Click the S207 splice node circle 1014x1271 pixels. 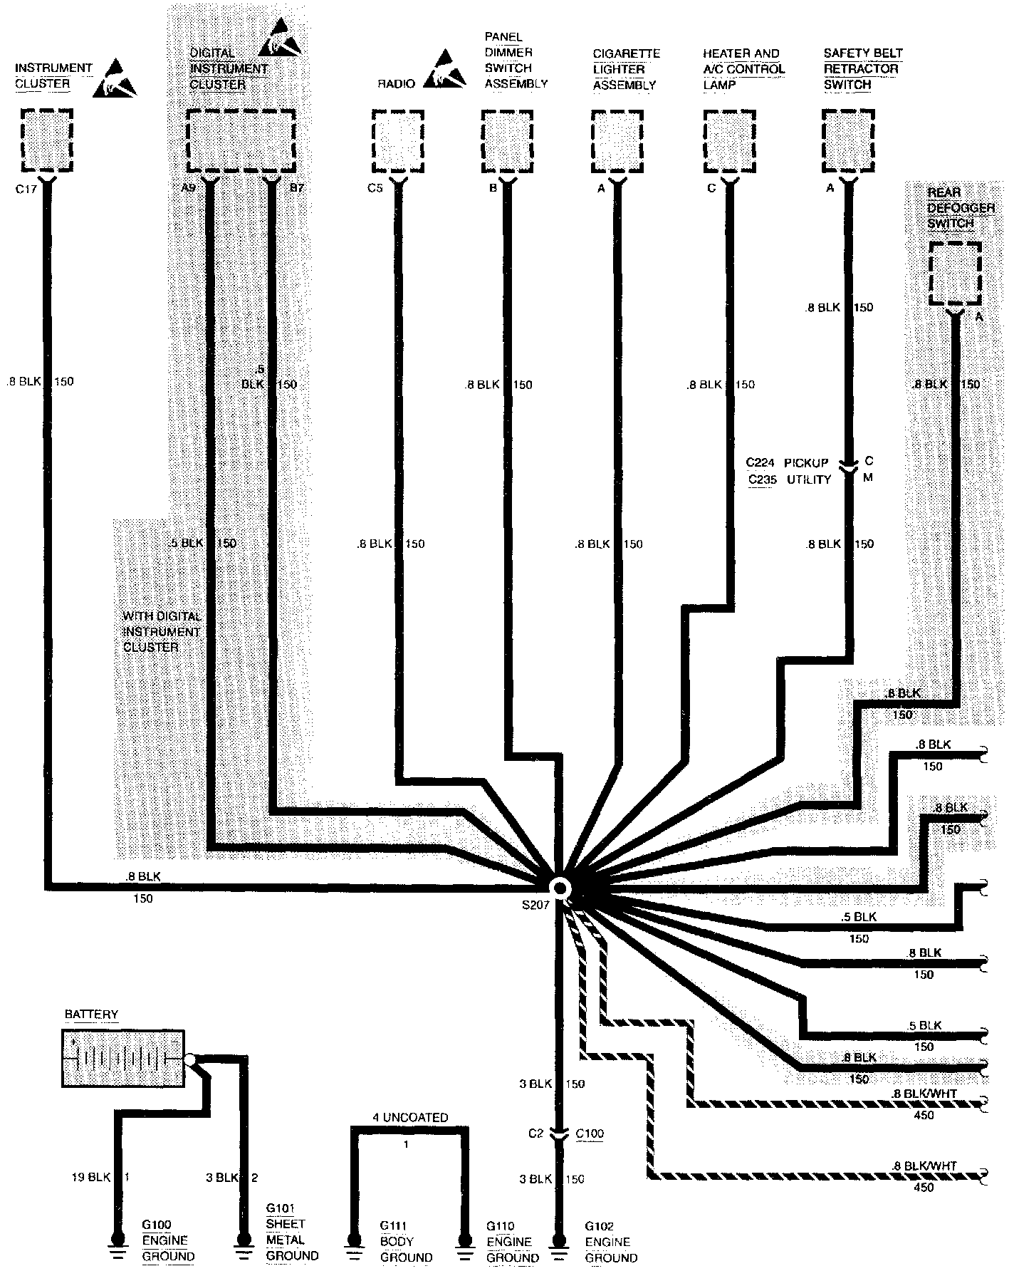(560, 888)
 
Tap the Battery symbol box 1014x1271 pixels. (123, 1058)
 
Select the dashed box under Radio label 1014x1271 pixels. (399, 140)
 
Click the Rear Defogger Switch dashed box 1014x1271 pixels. (955, 273)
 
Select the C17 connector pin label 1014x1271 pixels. (26, 190)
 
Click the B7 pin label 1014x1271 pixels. (296, 190)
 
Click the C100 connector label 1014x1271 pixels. (589, 1133)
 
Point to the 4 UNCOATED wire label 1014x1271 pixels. (410, 1118)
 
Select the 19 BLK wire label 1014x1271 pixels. (91, 1178)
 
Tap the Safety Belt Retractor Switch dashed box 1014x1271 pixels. (848, 140)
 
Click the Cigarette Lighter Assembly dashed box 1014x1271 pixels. (617, 140)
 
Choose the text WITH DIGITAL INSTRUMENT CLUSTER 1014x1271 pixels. (161, 631)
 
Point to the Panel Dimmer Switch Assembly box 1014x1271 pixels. (507, 140)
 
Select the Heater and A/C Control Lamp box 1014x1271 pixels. (729, 140)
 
